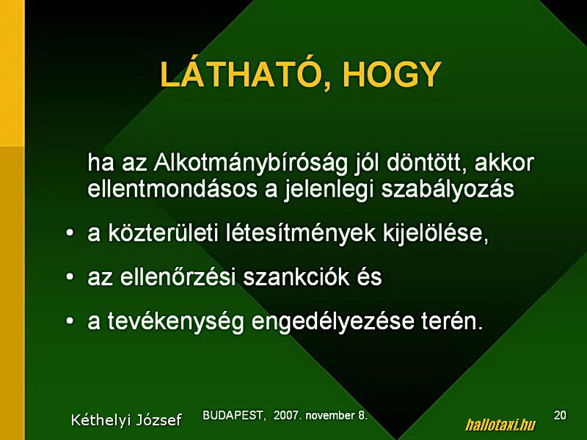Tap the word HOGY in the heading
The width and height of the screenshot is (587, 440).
point(393,74)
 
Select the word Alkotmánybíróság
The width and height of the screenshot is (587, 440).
point(250,164)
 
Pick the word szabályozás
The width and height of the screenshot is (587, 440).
point(448,190)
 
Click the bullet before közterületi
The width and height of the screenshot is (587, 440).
point(70,233)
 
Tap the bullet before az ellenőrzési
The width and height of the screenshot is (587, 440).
point(70,277)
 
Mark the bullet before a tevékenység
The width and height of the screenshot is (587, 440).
point(70,320)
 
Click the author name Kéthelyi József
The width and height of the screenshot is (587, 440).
point(126,419)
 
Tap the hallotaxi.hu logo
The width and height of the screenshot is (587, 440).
point(500,425)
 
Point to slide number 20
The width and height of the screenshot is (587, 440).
point(560,415)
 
